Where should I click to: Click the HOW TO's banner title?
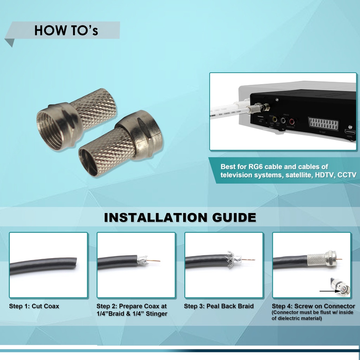(x=66, y=30)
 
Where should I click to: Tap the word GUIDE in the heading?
(x=234, y=217)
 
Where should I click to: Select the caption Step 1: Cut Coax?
(x=34, y=306)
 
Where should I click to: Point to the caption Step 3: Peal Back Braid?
(x=219, y=306)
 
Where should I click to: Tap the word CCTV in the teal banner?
(x=347, y=175)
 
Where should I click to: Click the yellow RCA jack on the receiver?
(x=275, y=120)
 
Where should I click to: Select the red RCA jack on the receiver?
(x=291, y=121)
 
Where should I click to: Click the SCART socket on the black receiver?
(x=323, y=123)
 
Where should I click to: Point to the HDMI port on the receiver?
(x=350, y=132)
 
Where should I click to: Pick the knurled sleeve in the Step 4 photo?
(x=316, y=260)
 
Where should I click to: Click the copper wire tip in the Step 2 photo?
(x=159, y=261)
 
